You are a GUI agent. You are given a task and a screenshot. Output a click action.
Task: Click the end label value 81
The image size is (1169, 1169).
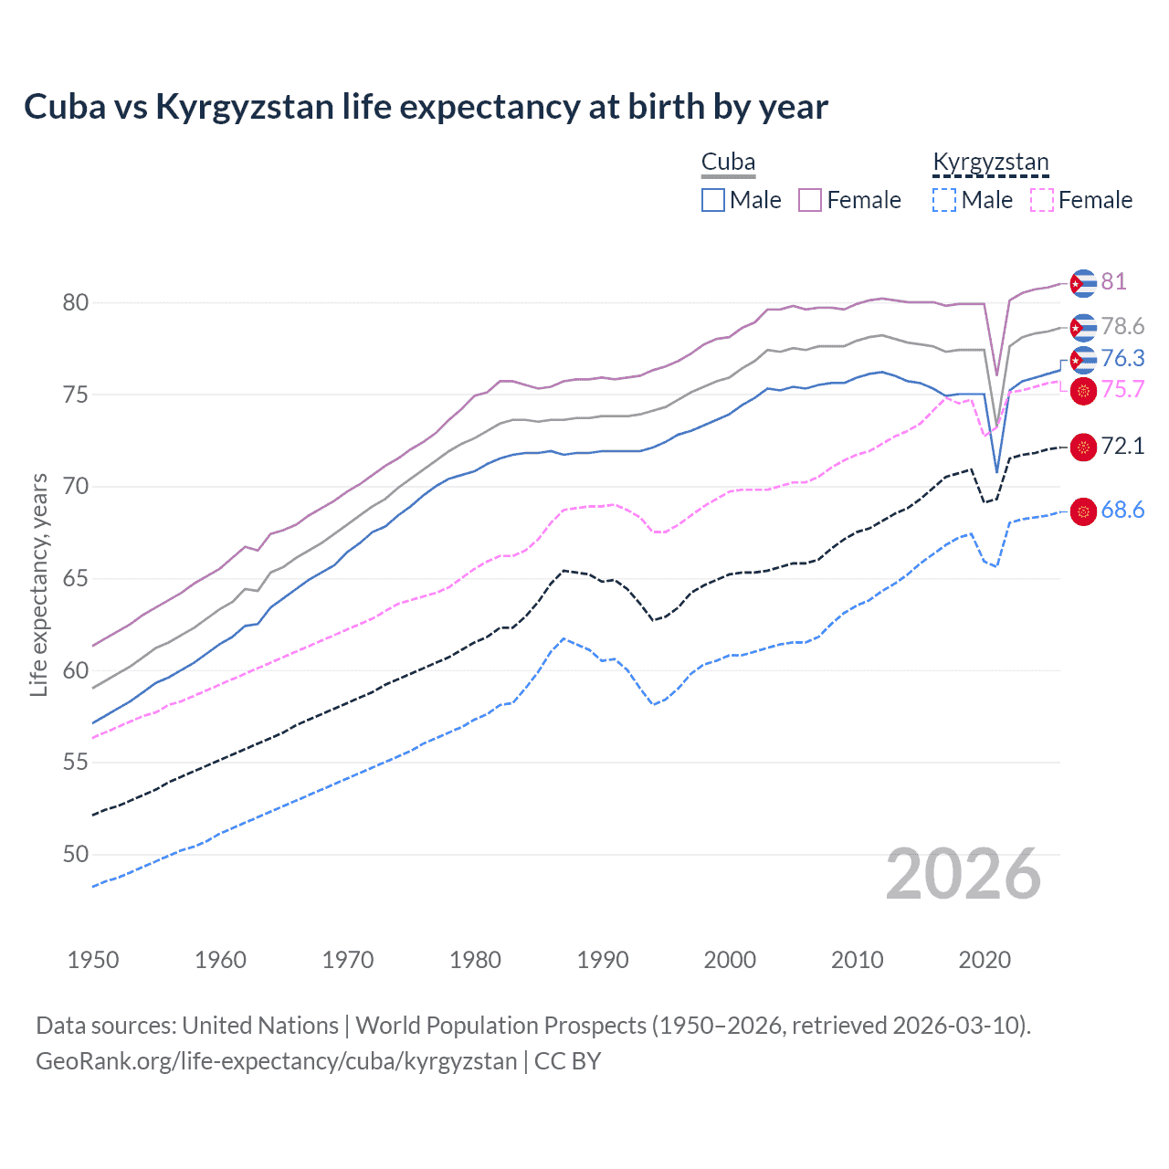pos(1113,281)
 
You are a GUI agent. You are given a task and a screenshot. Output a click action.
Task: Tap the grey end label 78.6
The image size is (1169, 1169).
pos(1122,326)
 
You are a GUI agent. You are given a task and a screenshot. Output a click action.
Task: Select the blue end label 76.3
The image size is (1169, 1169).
pos(1122,358)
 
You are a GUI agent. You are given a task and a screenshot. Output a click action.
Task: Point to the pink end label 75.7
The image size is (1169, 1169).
pos(1122,389)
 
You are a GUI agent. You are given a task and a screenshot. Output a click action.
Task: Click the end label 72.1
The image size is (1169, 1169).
pos(1122,446)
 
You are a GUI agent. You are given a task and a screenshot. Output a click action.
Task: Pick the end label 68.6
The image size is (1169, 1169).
pos(1122,510)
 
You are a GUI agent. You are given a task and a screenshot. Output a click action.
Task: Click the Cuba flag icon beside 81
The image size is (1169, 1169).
pos(1083,283)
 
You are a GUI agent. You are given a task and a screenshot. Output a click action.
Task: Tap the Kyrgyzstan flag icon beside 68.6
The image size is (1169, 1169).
pos(1083,511)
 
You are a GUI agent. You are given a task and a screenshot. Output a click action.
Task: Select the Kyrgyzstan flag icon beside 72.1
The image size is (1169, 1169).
pos(1083,447)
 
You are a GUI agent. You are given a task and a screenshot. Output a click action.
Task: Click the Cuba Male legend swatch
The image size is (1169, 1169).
pos(713,200)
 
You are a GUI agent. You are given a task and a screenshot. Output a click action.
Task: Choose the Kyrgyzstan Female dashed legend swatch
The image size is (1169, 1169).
pos(1042,200)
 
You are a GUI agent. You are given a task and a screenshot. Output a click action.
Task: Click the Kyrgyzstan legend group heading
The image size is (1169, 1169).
pos(991,163)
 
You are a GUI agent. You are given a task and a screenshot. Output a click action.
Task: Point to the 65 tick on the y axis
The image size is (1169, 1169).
pos(76,578)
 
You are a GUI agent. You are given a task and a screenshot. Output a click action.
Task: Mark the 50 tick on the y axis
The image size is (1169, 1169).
pos(76,854)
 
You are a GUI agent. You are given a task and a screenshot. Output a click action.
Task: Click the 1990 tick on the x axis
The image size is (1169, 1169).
pos(603,960)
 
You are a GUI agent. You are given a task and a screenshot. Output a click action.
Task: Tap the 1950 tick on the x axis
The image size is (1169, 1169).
pos(93,960)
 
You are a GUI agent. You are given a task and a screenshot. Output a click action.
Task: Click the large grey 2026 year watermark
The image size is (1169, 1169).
pos(964,875)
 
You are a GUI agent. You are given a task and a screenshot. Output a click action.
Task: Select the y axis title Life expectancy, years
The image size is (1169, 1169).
pos(38,584)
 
